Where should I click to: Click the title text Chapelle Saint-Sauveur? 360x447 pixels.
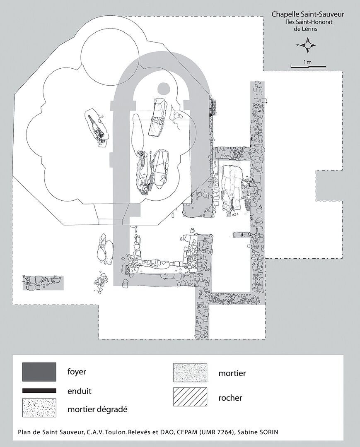(x=307, y=14)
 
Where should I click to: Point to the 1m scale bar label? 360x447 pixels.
(x=307, y=62)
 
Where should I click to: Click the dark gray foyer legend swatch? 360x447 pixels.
(x=39, y=372)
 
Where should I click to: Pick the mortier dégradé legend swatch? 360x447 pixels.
(x=39, y=408)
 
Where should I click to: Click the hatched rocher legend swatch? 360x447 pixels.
(x=190, y=397)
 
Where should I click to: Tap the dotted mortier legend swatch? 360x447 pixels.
(x=190, y=372)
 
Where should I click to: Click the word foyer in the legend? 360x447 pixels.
(x=77, y=372)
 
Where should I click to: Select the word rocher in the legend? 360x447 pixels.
(x=230, y=398)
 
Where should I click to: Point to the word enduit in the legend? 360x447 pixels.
(x=80, y=391)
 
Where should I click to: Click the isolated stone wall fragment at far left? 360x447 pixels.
(x=43, y=283)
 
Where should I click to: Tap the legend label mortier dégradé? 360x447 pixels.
(x=97, y=410)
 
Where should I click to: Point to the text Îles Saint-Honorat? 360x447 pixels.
(x=307, y=22)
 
